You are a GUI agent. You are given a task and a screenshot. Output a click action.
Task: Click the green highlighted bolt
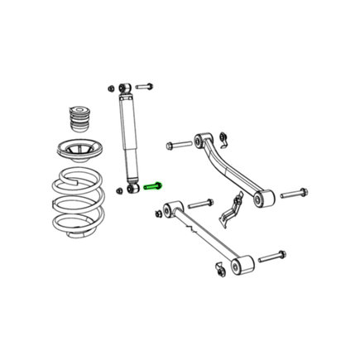[x=154, y=186]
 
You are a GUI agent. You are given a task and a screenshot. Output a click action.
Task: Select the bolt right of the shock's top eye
[x=145, y=85]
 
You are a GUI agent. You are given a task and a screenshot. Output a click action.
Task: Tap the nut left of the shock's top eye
[x=108, y=85]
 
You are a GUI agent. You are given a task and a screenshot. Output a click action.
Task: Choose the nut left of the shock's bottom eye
[x=119, y=190]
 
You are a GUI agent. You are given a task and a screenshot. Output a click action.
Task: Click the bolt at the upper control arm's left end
[x=176, y=146]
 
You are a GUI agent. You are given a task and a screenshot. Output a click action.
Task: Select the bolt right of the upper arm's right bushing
[x=295, y=194]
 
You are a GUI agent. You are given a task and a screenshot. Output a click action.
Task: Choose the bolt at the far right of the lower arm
[x=271, y=257]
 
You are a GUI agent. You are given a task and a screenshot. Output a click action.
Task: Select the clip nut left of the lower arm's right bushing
[x=218, y=268]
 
